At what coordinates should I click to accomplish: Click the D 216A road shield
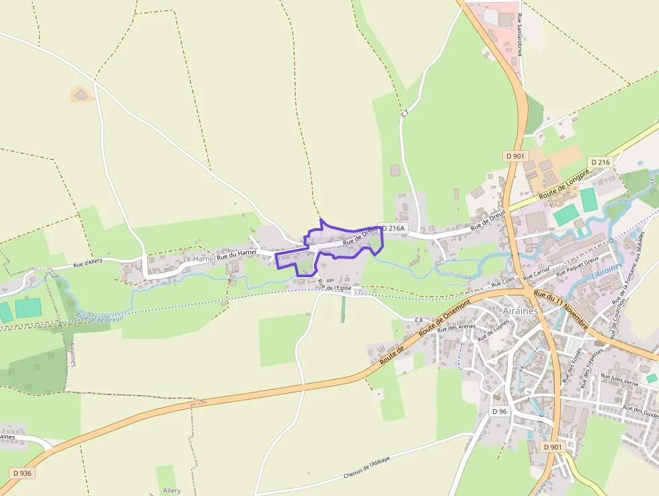click(x=393, y=228)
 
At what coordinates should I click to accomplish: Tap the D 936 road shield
click(x=22, y=473)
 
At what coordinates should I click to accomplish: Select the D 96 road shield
click(x=498, y=411)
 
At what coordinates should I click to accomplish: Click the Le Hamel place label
click(x=198, y=258)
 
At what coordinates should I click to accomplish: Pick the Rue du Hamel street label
click(x=237, y=252)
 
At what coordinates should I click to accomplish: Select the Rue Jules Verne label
click(x=619, y=382)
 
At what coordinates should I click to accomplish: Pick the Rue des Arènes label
click(x=456, y=328)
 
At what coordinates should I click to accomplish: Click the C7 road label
click(x=405, y=114)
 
